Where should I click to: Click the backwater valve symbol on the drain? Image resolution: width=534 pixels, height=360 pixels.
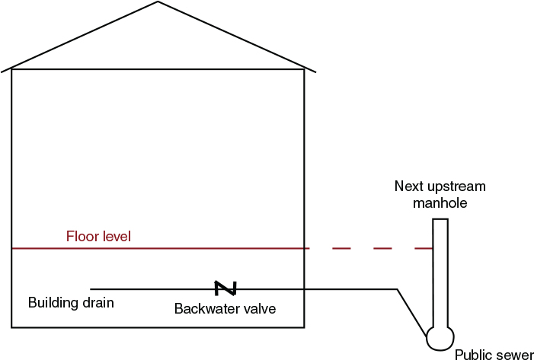[x=225, y=288]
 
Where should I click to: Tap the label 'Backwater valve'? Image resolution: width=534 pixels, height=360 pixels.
[x=225, y=309]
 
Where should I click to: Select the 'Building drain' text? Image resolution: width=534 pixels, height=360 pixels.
[x=71, y=303]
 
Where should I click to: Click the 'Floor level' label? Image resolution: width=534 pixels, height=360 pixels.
[x=99, y=237]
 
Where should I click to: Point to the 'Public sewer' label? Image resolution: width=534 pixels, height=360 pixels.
[x=494, y=355]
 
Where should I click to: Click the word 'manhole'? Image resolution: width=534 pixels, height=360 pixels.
[x=440, y=203]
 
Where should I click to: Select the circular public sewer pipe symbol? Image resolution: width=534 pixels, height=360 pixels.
[x=440, y=337]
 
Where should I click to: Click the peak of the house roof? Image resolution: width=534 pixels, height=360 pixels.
[x=158, y=2]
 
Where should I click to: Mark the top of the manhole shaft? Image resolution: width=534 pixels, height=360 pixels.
[x=440, y=220]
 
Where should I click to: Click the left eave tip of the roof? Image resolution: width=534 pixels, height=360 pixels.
[x=2, y=72]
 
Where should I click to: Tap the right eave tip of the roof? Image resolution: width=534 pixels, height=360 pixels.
[x=315, y=72]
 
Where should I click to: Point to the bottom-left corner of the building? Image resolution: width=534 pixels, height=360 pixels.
[x=11, y=327]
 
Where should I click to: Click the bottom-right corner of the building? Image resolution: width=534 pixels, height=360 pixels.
[x=305, y=327]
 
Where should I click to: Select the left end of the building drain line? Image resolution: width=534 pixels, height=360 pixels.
[x=91, y=289]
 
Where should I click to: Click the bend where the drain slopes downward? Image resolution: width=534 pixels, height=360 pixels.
[x=397, y=289]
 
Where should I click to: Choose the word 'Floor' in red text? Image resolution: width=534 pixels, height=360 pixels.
[x=82, y=237]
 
